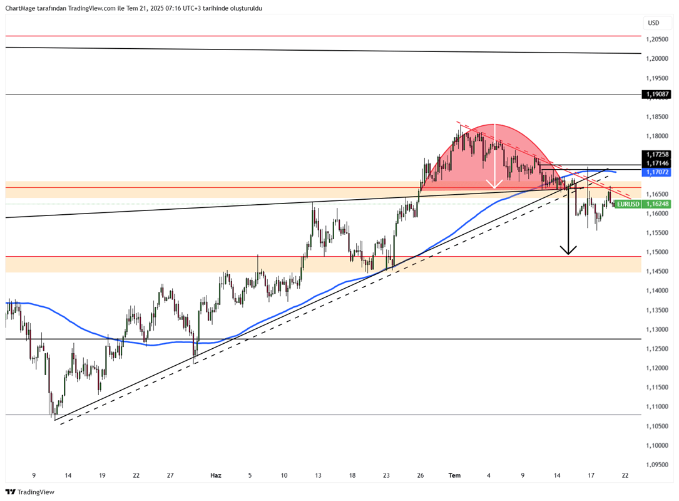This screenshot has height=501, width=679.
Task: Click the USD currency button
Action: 653,23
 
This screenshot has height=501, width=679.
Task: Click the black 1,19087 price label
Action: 656,95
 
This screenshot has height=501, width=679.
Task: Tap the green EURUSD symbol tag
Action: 628,204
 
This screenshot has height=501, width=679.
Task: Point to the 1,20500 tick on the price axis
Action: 657,39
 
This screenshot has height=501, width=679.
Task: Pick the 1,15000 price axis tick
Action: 657,252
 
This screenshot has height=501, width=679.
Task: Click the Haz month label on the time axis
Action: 216,475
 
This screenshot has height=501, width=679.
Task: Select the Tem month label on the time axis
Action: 454,475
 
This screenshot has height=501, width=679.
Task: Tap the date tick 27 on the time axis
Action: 170,475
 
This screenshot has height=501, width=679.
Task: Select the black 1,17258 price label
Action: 656,154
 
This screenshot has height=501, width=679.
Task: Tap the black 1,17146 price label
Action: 656,163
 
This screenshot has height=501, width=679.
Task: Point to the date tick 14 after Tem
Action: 557,475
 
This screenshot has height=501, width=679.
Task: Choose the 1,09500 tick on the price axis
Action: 657,465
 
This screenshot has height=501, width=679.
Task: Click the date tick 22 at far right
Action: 625,475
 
